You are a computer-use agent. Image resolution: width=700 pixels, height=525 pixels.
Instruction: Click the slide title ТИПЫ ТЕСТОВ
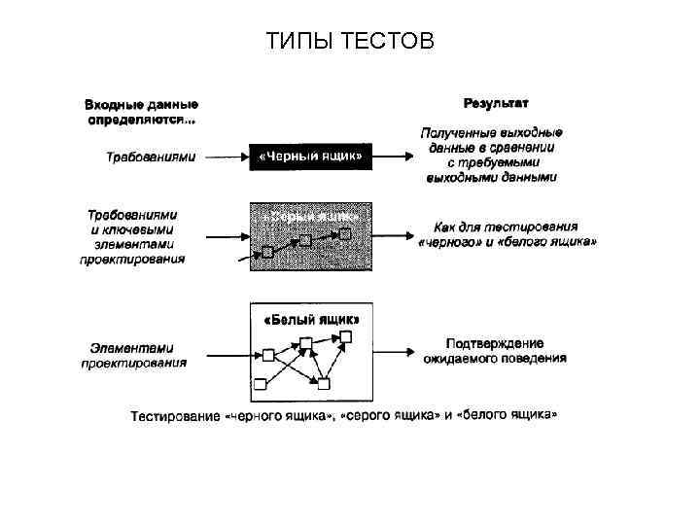pyautogui.click(x=350, y=42)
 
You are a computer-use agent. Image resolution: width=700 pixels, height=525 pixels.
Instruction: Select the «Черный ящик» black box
pyautogui.click(x=311, y=156)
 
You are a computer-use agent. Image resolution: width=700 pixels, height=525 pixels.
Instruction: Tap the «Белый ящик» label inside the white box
pyautogui.click(x=312, y=319)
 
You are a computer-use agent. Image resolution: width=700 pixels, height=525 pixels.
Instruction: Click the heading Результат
pyautogui.click(x=496, y=102)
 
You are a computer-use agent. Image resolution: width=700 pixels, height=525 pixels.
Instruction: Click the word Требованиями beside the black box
pyautogui.click(x=151, y=156)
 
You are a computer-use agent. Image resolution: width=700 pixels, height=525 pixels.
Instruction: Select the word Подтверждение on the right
pyautogui.click(x=495, y=343)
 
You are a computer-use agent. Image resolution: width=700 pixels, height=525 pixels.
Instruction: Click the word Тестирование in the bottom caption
pyautogui.click(x=175, y=416)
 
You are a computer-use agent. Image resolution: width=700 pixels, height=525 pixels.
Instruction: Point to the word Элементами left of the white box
pyautogui.click(x=132, y=346)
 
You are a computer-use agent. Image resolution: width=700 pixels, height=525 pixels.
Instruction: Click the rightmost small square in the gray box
pyautogui.click(x=344, y=232)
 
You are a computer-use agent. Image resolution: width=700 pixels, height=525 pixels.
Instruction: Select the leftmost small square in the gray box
pyautogui.click(x=268, y=252)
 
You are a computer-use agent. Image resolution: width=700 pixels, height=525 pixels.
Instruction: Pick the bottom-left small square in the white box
pyautogui.click(x=261, y=381)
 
